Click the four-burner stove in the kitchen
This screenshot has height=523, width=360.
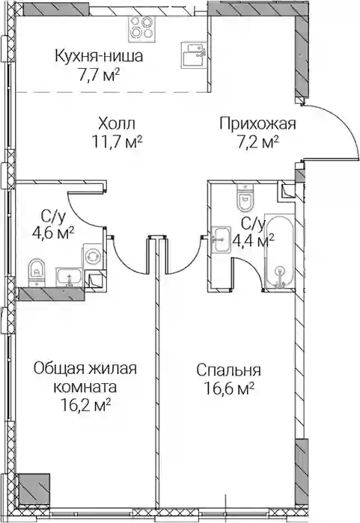point(141,29)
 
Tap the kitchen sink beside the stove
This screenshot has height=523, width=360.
point(193,53)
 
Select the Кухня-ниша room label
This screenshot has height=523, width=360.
point(99,56)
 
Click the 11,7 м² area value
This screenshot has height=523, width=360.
point(117,144)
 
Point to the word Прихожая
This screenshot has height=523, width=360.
point(258,123)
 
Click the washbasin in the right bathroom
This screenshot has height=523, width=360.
point(222,240)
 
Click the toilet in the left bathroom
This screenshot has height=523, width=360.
point(37,272)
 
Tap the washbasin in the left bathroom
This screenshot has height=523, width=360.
point(69,277)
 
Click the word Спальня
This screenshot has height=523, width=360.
point(228,370)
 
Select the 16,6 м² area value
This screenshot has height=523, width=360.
point(230,389)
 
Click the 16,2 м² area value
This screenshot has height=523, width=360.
point(86,406)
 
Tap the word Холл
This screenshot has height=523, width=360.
point(117,124)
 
